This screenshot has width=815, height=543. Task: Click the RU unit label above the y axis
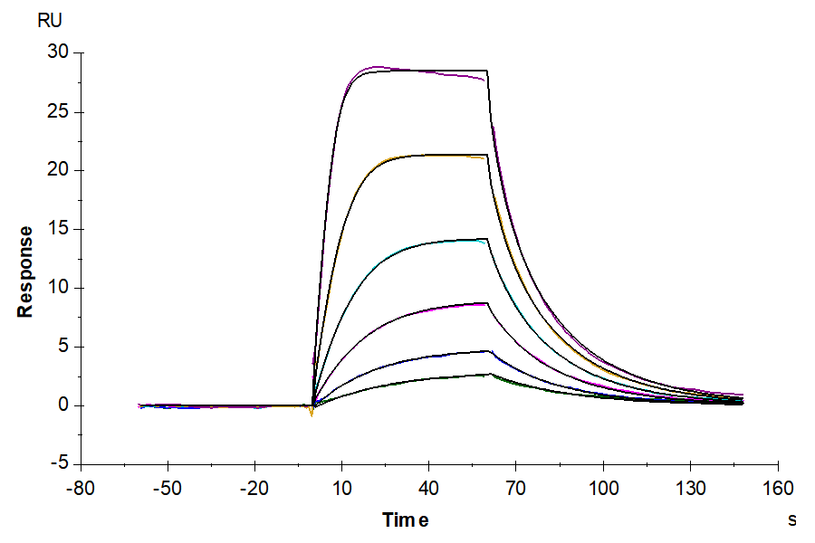click(x=51, y=22)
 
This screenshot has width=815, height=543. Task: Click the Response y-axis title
click(x=25, y=271)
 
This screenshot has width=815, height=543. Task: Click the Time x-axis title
click(x=405, y=519)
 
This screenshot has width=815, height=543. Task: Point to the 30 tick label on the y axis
click(x=58, y=53)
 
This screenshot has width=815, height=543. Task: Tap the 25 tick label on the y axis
click(x=58, y=112)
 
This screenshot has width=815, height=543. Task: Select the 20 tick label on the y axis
click(x=58, y=171)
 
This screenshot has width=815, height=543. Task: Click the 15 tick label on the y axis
click(x=58, y=230)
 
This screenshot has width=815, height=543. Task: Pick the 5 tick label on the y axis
click(x=62, y=347)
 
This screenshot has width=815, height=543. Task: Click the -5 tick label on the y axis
click(x=58, y=463)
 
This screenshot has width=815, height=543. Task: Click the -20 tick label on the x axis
click(x=254, y=489)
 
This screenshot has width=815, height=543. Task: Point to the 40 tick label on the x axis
click(x=429, y=489)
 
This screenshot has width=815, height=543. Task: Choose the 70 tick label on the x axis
click(x=516, y=489)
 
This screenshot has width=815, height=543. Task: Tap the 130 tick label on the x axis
click(x=691, y=489)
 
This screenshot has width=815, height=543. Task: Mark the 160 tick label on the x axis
click(x=778, y=489)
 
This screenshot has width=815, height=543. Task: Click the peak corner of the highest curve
click(x=487, y=71)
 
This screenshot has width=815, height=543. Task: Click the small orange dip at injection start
click(x=312, y=414)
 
